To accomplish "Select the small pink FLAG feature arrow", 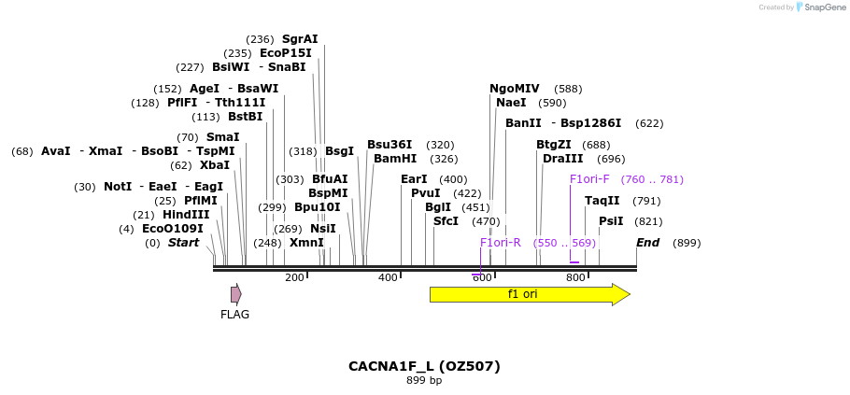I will (236, 294).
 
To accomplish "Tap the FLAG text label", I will (234, 315).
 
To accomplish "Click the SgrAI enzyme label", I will (300, 39).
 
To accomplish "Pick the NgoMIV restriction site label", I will (514, 89).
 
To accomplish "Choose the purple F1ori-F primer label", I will (589, 179).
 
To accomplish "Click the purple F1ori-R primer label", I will (500, 243).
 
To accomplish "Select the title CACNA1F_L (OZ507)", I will (424, 366).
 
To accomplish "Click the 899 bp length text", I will (424, 381).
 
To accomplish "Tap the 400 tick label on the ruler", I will (387, 277).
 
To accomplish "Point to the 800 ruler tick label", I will (575, 277).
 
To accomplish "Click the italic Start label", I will (183, 243).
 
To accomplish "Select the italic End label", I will (647, 243).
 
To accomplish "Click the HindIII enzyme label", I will (186, 215).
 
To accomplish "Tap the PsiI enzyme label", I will (611, 221).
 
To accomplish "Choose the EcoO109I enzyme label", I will (172, 229).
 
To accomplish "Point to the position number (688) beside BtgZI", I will (596, 145).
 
